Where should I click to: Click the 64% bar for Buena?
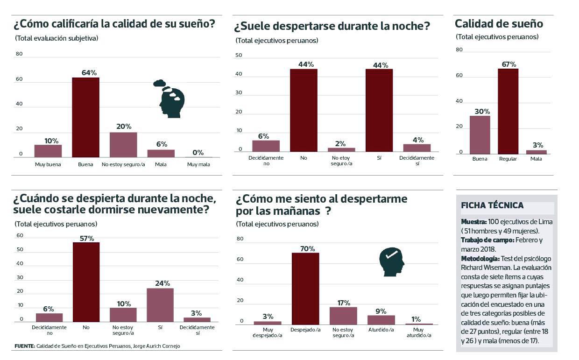85,117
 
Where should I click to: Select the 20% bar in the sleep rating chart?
123,145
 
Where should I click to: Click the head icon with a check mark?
391,262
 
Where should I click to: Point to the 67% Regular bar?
508,111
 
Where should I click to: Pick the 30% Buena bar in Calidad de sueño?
480,135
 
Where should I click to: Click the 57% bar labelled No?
86,282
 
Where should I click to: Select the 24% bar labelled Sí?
160,305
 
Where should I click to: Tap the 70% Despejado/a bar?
305,289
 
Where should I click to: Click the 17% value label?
343,303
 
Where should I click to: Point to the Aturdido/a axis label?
381,330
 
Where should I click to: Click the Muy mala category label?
198,164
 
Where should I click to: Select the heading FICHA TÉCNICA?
492,205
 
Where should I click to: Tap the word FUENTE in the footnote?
24,346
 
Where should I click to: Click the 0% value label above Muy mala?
198,152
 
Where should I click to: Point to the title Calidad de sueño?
499,24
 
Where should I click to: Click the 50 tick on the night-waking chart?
239,56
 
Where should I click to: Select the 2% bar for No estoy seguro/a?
341,150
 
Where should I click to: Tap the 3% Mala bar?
536,152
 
